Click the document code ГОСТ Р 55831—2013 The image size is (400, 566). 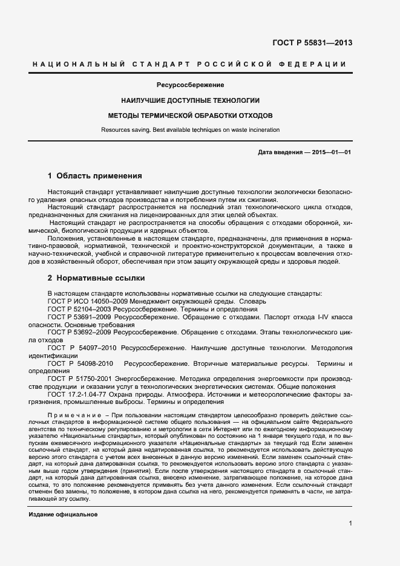[313, 43]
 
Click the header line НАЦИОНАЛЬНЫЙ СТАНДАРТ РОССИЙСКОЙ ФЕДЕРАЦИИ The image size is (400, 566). [189, 63]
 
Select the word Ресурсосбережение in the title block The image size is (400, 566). [190, 85]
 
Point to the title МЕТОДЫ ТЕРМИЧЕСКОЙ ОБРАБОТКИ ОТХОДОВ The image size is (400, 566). [190, 114]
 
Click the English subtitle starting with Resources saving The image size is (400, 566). [190, 129]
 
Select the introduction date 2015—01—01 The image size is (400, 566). [330, 152]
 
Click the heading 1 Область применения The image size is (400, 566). [94, 176]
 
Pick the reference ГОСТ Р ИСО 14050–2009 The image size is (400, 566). [89, 301]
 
